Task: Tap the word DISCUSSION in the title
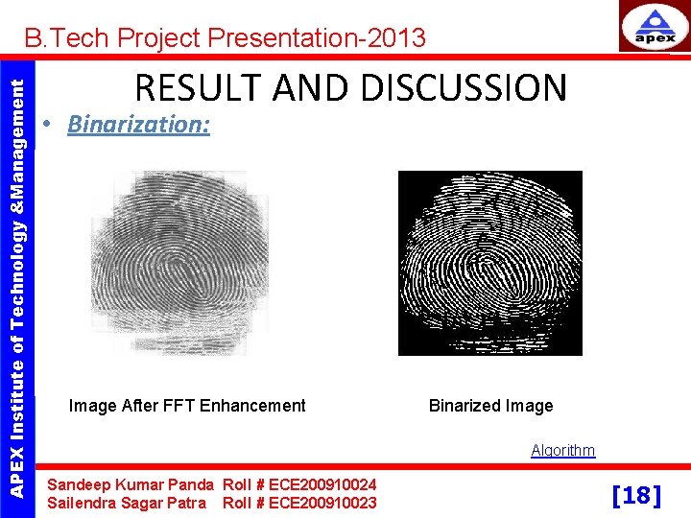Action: tap(463, 87)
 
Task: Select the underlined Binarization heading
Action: tap(139, 125)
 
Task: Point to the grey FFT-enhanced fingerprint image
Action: tap(187, 261)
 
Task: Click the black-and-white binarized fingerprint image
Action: tap(489, 263)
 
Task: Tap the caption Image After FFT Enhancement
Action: tap(187, 406)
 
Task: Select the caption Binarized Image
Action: tap(490, 406)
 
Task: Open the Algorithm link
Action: tap(563, 450)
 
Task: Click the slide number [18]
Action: tap(636, 495)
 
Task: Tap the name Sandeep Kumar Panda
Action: tap(131, 485)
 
